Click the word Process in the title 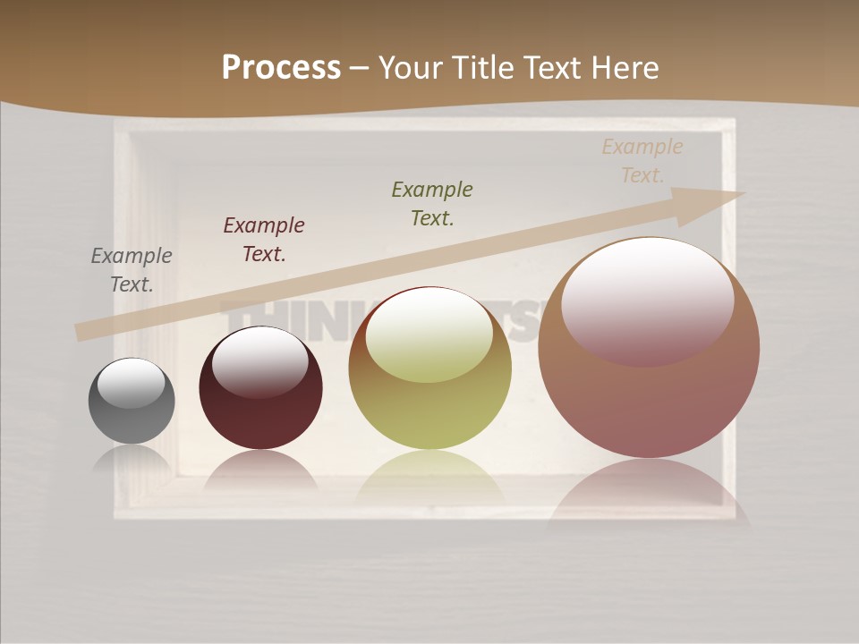coord(281,68)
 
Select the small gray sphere coord(132,416)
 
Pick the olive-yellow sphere coord(429,411)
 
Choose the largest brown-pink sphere coord(649,394)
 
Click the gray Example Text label coord(132,270)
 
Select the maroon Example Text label coord(264,239)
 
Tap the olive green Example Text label coord(432,203)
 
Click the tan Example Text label coord(642,160)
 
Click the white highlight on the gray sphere coord(132,382)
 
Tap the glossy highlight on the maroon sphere coord(260,361)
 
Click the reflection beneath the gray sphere coord(132,458)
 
